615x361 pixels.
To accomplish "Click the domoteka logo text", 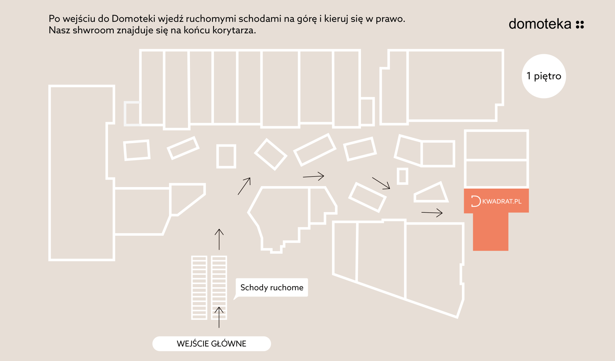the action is point(540,24).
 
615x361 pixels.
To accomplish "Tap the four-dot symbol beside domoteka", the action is point(580,25).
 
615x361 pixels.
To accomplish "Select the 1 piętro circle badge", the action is point(544,76).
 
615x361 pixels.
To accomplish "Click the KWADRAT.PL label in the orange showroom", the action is point(502,201).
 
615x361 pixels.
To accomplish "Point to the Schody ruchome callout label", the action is point(272,287).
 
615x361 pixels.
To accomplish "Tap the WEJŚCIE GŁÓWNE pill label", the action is point(212,344).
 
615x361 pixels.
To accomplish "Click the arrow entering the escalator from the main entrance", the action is point(219,317).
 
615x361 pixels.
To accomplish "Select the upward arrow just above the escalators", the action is point(219,239).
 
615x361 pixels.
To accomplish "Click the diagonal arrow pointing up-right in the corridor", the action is point(244,186).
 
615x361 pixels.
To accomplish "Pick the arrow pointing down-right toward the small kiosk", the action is point(381,183).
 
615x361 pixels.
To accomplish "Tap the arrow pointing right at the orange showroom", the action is point(432,212).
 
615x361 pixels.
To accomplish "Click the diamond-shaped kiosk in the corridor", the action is point(271,154).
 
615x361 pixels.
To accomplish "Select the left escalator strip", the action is point(199,288).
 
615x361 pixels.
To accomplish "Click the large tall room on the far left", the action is point(82,173).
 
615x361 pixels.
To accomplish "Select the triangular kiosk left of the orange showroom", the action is point(431,193).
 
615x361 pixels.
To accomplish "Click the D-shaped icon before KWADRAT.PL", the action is point(476,201).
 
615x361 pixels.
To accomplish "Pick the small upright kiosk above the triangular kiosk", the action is point(403,176).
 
